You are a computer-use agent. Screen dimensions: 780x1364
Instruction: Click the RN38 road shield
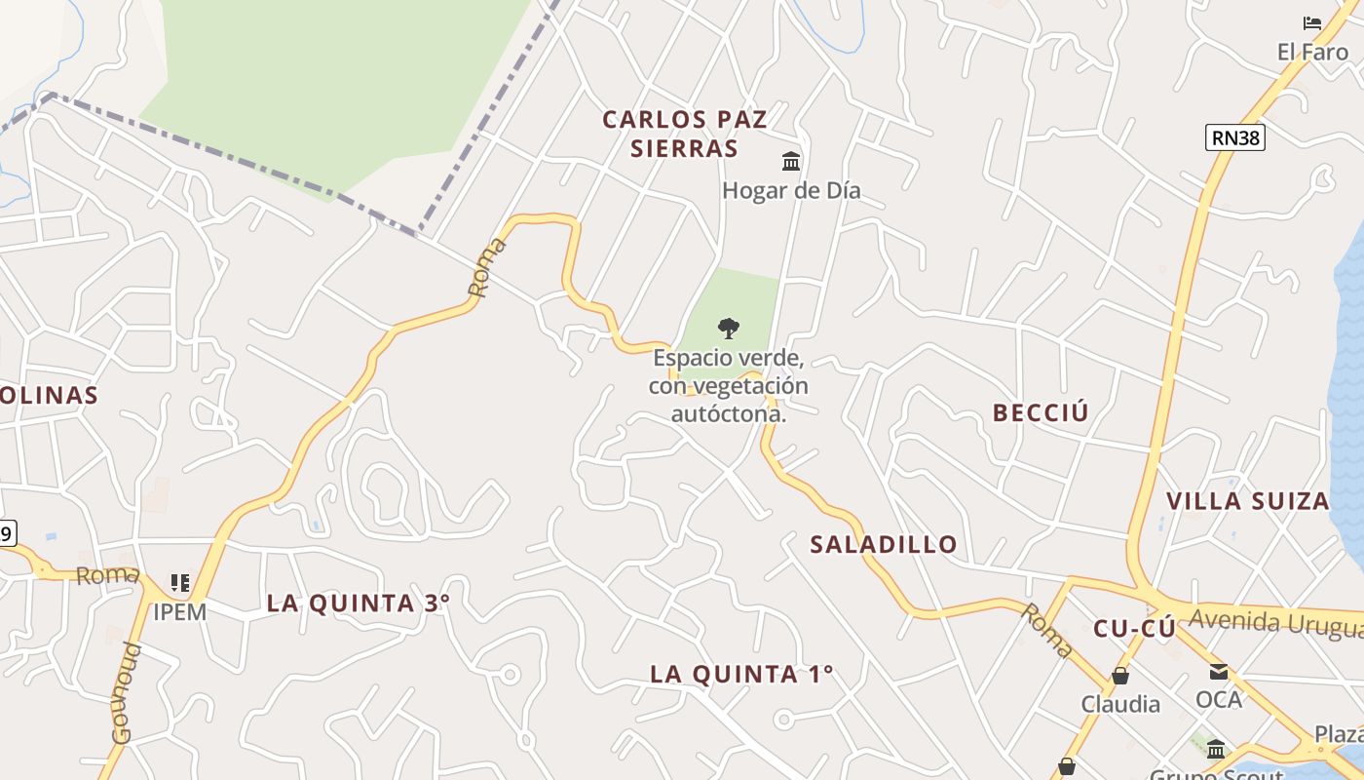1235,137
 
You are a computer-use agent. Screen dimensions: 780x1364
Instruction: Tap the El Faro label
1312,52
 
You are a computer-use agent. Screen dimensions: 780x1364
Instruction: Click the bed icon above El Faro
1312,22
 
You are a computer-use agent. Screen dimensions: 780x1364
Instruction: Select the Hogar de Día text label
791,190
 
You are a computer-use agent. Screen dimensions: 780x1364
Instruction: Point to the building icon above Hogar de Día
791,161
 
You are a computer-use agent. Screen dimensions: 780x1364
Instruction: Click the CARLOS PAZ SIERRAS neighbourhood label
684,134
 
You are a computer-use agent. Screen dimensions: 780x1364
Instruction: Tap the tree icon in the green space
728,329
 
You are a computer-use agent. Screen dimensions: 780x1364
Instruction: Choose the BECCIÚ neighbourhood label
1041,412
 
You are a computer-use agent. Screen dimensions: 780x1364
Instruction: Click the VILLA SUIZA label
1248,501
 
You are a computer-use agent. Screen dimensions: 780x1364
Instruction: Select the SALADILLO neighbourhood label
884,544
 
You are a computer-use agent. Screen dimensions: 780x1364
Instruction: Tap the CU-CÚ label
1134,629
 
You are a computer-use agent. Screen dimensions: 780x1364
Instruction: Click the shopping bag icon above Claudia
1120,675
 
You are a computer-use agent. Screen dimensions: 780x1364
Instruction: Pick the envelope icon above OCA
1219,671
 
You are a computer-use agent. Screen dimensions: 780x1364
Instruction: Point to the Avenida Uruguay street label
1275,621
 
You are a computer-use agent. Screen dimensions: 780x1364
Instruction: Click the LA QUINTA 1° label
741,674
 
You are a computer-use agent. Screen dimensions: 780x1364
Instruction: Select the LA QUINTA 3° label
359,603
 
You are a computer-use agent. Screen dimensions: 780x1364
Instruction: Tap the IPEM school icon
179,583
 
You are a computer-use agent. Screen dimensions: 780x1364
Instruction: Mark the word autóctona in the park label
729,413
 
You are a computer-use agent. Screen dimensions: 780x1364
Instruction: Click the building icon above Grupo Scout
1216,749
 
